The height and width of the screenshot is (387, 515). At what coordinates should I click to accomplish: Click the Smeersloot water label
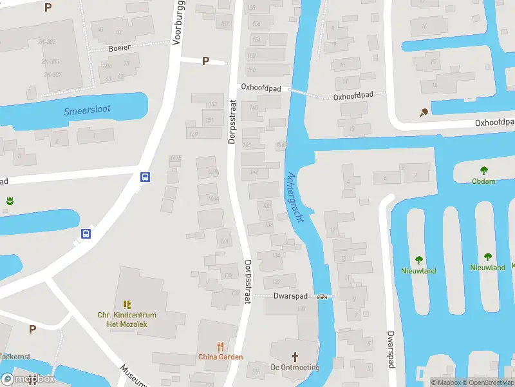(87, 110)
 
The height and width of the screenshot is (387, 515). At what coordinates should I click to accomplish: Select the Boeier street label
(119, 48)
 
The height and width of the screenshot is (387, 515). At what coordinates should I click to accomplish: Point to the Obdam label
(483, 181)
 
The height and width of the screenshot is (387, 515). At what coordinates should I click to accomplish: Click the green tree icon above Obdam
(483, 171)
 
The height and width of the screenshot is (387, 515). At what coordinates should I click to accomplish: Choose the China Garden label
(220, 357)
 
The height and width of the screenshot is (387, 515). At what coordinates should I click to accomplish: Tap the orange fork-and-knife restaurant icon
(220, 346)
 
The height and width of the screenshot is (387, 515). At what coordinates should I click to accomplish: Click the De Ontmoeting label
(295, 367)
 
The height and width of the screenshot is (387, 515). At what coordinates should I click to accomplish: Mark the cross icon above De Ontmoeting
(295, 356)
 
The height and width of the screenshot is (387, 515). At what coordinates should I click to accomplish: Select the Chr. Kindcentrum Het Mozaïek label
(127, 319)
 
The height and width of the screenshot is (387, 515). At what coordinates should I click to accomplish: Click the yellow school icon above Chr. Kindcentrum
(127, 304)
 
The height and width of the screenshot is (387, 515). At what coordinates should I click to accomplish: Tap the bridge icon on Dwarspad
(322, 297)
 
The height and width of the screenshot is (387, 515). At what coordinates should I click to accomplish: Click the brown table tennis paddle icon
(424, 113)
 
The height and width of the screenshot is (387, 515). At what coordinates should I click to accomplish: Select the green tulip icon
(10, 201)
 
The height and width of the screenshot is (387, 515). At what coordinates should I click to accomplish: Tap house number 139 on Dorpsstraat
(229, 276)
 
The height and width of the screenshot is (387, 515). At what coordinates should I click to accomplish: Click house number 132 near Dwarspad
(276, 282)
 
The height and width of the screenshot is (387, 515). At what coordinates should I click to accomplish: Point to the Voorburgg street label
(178, 23)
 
